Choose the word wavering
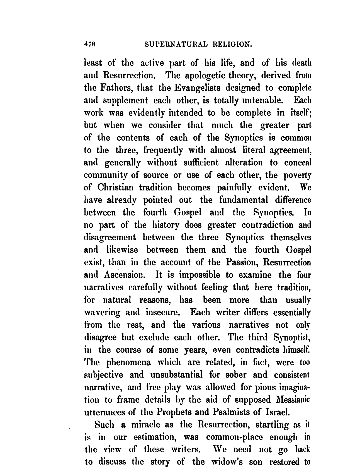click(x=102, y=313)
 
